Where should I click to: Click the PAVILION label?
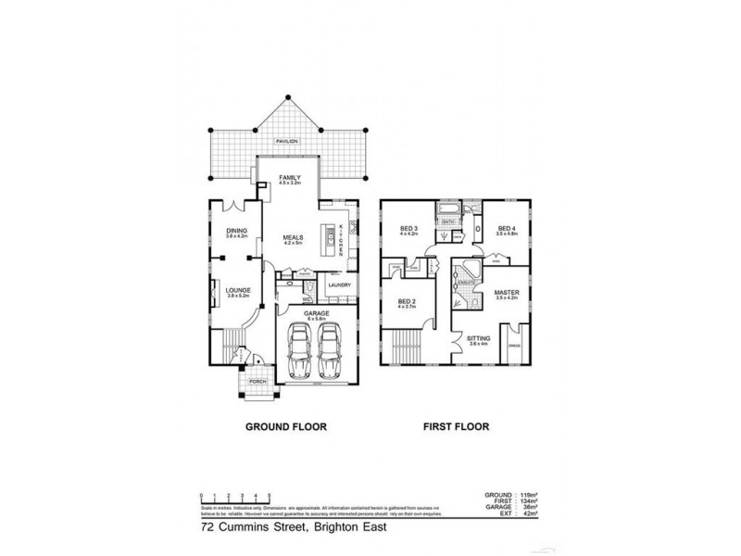click(x=286, y=142)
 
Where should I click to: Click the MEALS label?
click(x=293, y=238)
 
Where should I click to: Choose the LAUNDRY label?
click(x=338, y=285)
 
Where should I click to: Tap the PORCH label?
click(x=257, y=382)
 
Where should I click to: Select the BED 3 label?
click(x=409, y=229)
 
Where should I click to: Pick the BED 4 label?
click(x=505, y=229)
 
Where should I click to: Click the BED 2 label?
click(x=408, y=301)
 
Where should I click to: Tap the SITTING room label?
click(x=477, y=339)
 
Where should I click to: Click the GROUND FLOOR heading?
click(x=286, y=428)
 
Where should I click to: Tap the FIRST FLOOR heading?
click(x=457, y=428)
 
